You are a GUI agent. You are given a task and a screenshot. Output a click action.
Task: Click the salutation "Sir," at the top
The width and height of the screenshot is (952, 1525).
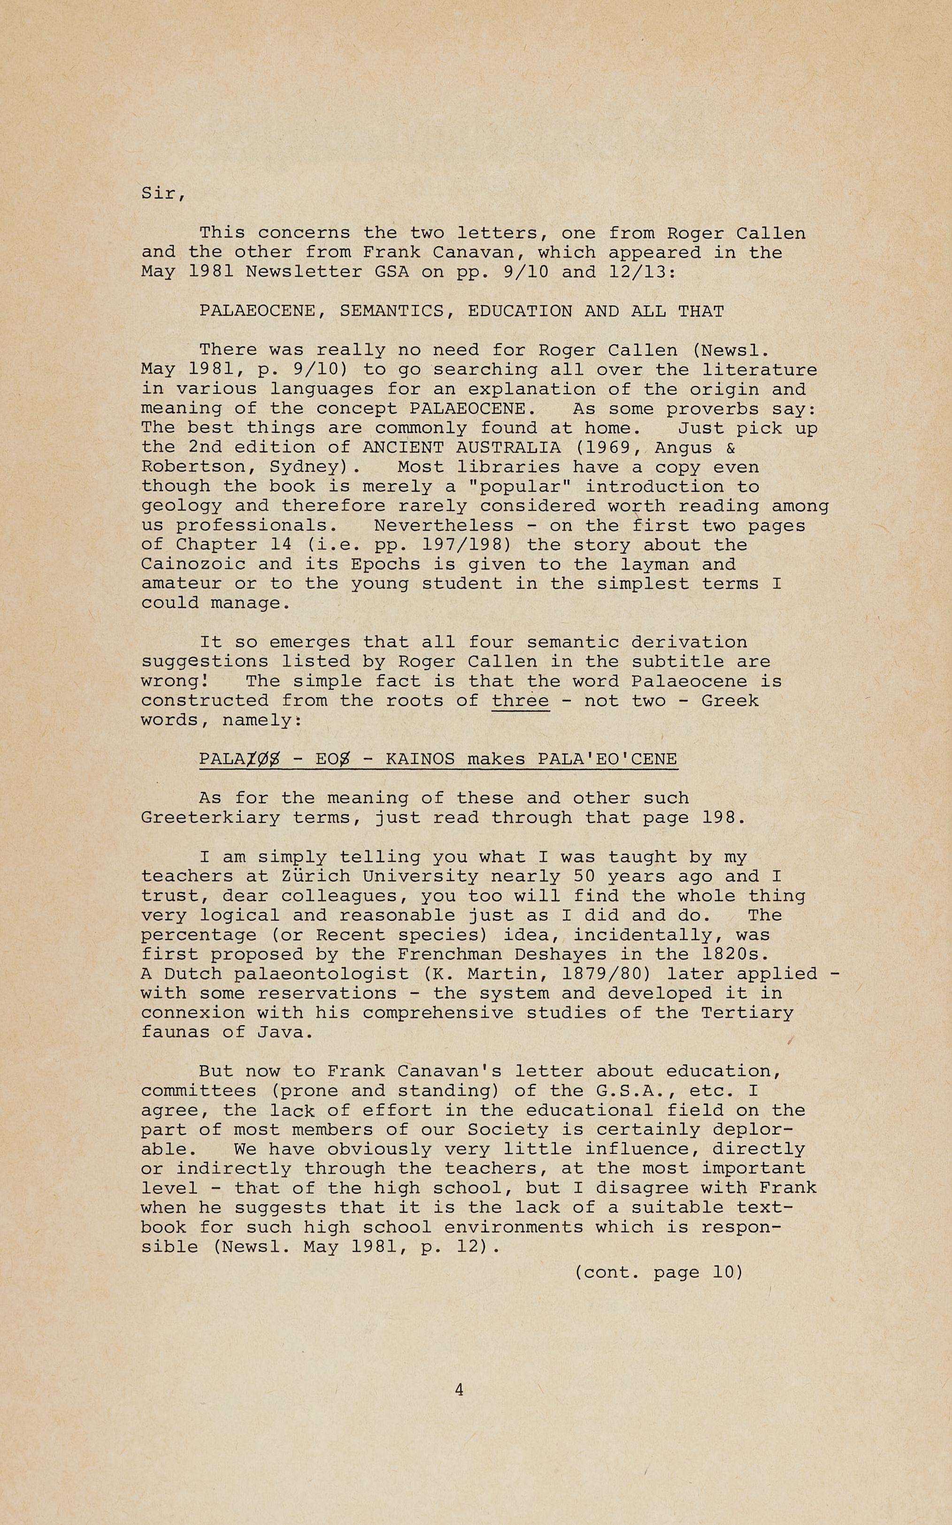(163, 193)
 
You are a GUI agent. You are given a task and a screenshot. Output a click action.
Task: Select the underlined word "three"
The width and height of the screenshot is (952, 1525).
(520, 701)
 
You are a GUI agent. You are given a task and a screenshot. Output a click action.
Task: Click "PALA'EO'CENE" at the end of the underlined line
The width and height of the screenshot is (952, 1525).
(607, 759)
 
